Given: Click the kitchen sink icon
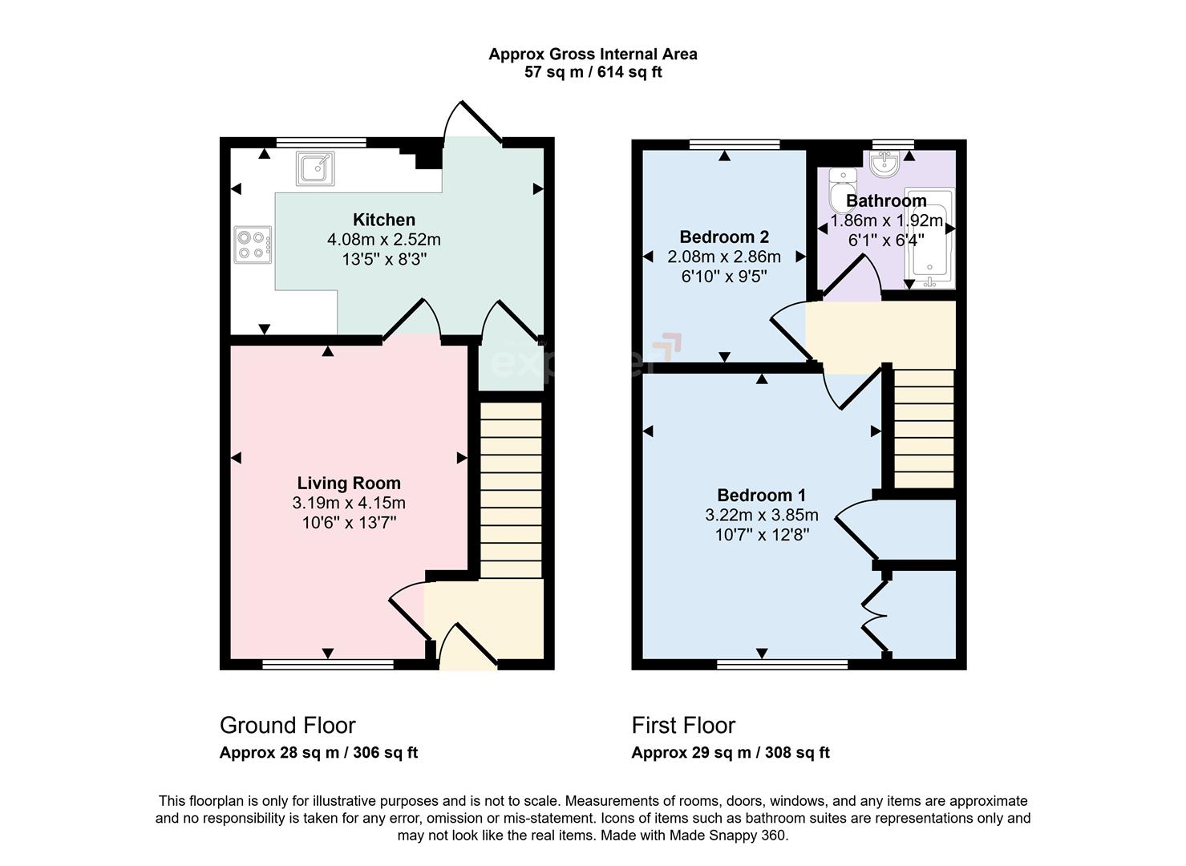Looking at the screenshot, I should click(315, 168).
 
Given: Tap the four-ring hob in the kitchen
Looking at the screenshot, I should click(253, 245).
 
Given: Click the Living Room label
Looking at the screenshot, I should click(349, 484).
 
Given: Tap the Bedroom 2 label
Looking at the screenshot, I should click(724, 237).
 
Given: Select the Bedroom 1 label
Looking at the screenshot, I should click(762, 496).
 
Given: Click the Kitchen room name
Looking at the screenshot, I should click(384, 220).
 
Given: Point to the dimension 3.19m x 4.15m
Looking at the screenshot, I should click(349, 504).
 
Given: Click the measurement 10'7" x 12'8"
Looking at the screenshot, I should click(762, 535).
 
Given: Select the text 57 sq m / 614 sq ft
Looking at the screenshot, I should click(593, 73).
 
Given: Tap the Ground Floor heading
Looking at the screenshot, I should click(287, 726).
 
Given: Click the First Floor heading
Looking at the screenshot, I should click(683, 726).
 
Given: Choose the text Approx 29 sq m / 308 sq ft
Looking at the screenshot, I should click(731, 753).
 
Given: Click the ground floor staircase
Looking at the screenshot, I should click(511, 489).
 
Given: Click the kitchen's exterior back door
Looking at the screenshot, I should click(473, 124).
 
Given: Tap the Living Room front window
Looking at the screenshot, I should click(328, 664).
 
